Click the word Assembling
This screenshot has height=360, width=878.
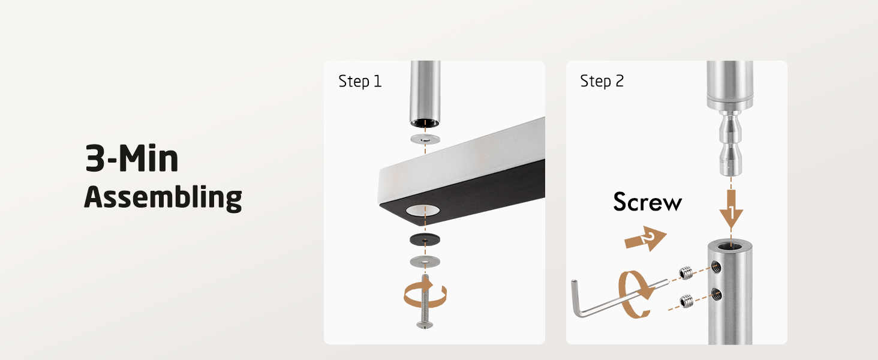163,197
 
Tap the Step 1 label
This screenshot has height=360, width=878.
360,81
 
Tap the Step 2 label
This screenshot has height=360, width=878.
602,81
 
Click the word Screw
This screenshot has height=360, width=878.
648,202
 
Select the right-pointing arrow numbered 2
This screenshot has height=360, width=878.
646,238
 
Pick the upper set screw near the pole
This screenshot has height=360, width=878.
686,272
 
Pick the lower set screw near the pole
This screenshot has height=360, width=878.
686,301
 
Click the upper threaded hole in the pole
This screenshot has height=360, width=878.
716,268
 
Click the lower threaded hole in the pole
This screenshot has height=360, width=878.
717,294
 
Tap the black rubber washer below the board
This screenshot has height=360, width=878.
425,239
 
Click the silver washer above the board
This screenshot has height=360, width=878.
425,139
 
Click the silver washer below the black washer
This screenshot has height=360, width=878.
425,262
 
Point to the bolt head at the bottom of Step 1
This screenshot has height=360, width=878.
425,325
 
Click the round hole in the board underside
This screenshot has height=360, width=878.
423,211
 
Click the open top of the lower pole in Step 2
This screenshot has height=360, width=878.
730,246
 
